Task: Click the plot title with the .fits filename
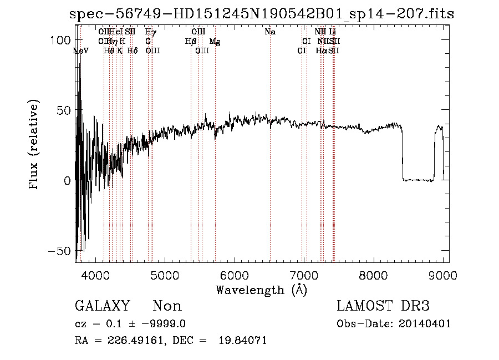click(x=261, y=14)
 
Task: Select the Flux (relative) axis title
click(x=35, y=146)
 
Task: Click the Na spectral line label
click(x=270, y=32)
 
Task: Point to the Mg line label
click(x=215, y=42)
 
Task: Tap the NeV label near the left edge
click(x=81, y=50)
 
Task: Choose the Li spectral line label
click(x=333, y=32)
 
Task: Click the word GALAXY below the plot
click(x=102, y=306)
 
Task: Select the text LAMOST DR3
click(x=383, y=306)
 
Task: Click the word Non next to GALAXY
click(x=167, y=306)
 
